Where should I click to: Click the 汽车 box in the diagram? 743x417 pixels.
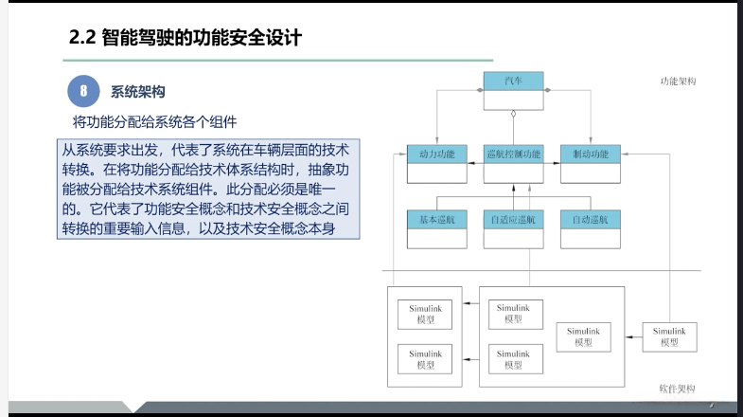[512, 82]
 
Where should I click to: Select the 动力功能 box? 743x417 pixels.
[436, 154]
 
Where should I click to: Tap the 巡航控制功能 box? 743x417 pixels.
[513, 154]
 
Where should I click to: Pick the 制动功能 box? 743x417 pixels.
[590, 154]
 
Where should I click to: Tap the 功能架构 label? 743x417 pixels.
[678, 82]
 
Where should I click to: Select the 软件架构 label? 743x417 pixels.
[677, 389]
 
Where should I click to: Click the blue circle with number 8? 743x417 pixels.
[83, 92]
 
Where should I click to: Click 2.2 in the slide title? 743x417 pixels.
[83, 38]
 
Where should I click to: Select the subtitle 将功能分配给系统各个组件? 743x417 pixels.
[154, 122]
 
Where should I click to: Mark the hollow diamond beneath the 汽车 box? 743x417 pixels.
[512, 114]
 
